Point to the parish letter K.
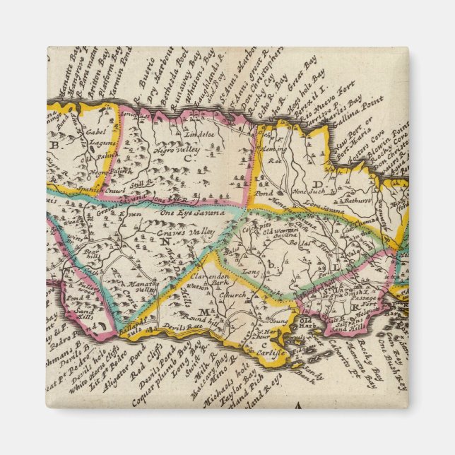(x=355, y=308)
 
